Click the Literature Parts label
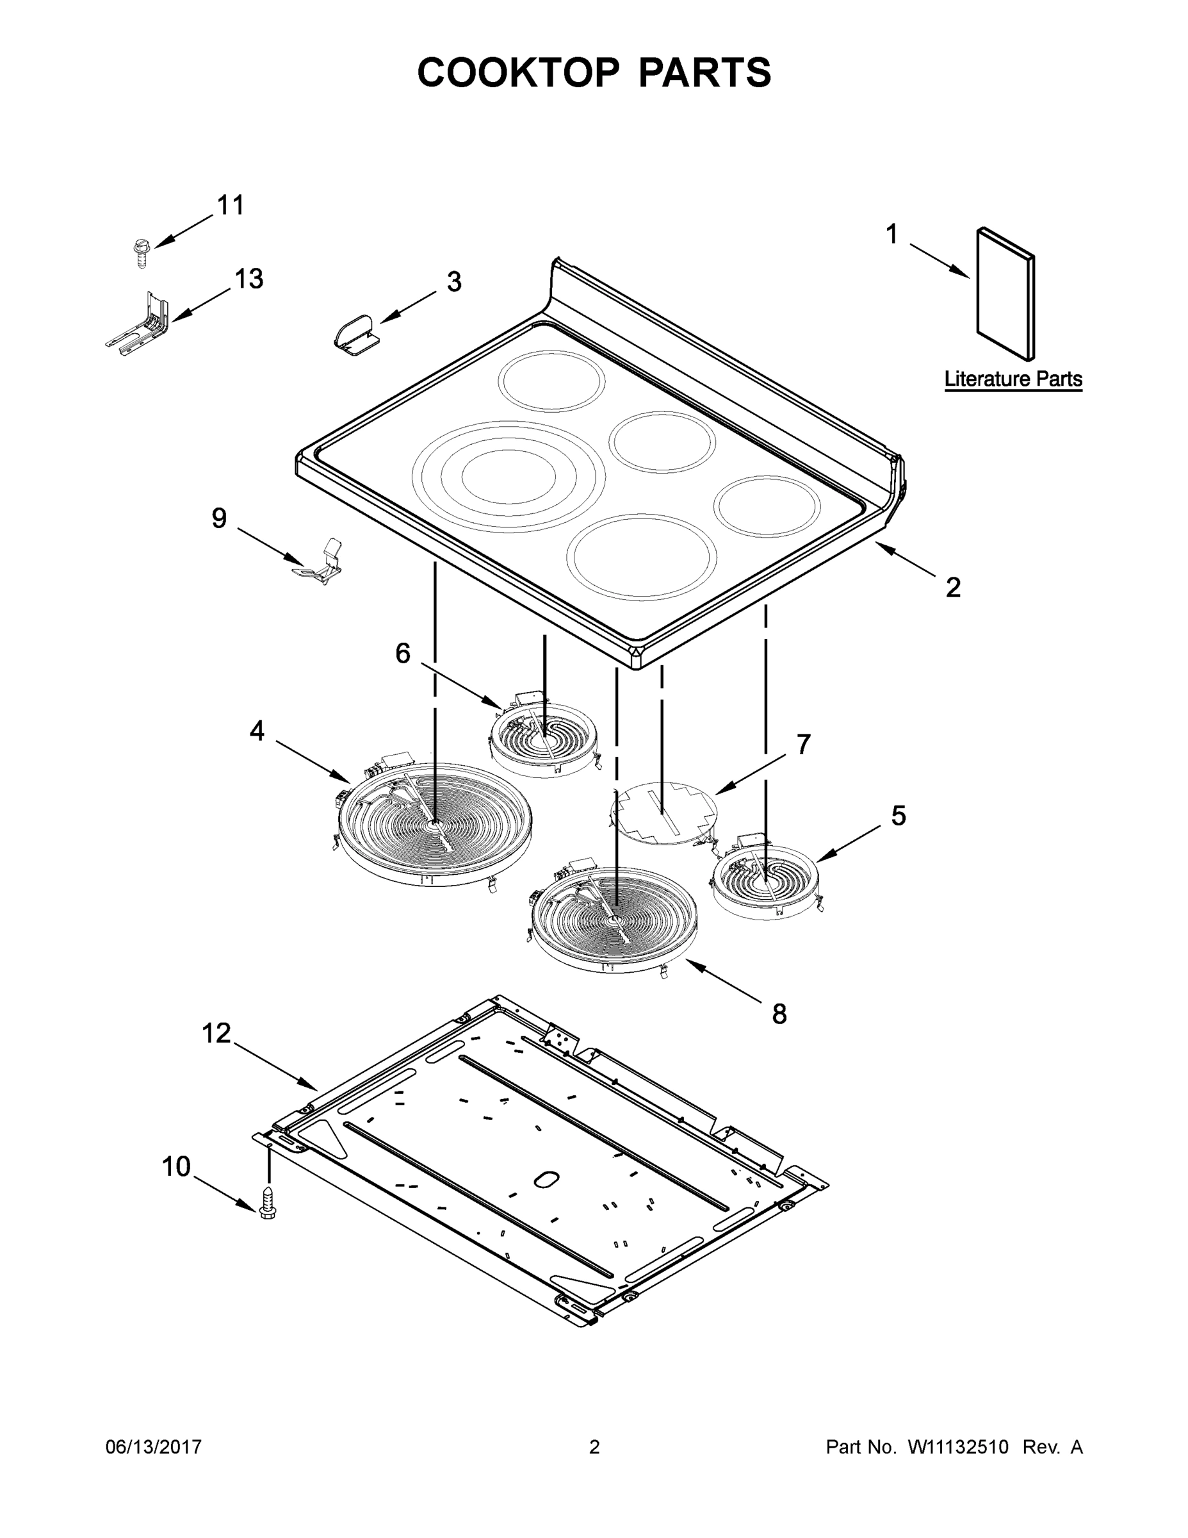pyautogui.click(x=1012, y=379)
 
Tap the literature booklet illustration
pyautogui.click(x=1005, y=292)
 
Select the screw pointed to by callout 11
pyautogui.click(x=142, y=251)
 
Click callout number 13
pyautogui.click(x=248, y=279)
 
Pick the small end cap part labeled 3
pyautogui.click(x=356, y=333)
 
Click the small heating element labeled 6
pyautogui.click(x=543, y=740)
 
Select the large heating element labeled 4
pyautogui.click(x=434, y=824)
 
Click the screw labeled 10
pyautogui.click(x=268, y=1202)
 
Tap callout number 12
pyautogui.click(x=216, y=1033)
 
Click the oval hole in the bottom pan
pyautogui.click(x=547, y=1179)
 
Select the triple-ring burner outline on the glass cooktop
pyautogui.click(x=508, y=476)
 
